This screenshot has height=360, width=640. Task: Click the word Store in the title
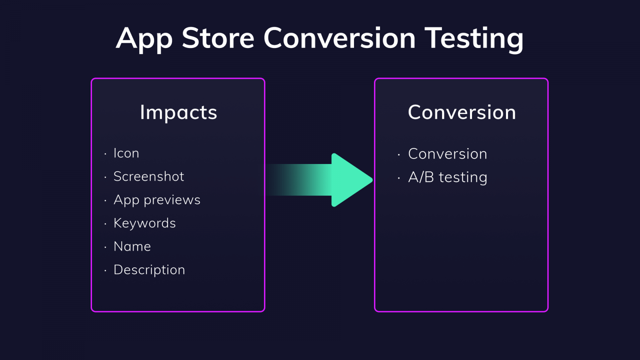tap(218, 38)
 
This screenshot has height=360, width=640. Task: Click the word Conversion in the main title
tap(339, 38)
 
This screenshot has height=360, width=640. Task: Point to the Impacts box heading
tap(178, 112)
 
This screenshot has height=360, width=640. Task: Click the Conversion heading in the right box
tap(462, 112)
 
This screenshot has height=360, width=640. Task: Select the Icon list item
tap(126, 153)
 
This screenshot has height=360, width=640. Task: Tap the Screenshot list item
tap(149, 176)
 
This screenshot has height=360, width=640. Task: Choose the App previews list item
tap(157, 200)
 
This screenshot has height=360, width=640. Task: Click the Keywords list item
tap(144, 223)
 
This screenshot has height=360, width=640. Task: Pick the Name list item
tap(132, 246)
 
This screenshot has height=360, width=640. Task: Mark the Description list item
tap(149, 270)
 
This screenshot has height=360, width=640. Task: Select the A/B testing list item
tap(448, 177)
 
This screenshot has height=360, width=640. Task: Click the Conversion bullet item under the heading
tap(448, 154)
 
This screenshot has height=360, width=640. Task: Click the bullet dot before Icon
tap(105, 154)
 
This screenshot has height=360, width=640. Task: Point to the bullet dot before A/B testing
tap(399, 178)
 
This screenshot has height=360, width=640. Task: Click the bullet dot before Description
tap(105, 271)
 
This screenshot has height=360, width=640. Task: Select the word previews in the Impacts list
tap(172, 200)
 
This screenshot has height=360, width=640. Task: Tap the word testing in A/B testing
tap(463, 177)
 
